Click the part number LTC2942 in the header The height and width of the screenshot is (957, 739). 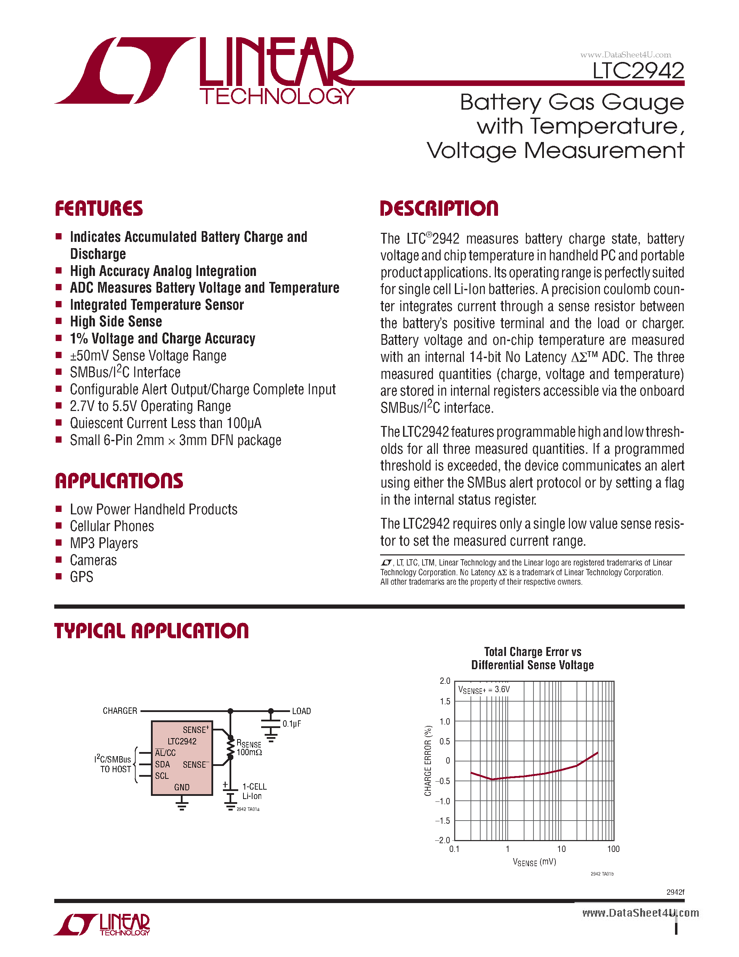(638, 71)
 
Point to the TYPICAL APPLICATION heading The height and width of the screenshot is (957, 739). (152, 631)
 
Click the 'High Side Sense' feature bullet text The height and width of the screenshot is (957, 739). (116, 322)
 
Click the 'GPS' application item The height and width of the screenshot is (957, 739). (81, 577)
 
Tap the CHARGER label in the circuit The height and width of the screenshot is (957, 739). (120, 711)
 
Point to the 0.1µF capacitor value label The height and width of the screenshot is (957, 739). (291, 724)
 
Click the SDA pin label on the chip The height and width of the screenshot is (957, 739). (162, 764)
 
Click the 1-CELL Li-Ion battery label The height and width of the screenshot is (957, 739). (254, 791)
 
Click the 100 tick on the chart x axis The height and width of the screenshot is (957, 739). (613, 849)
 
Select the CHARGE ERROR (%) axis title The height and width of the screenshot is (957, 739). (428, 760)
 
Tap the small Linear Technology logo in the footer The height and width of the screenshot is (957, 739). (102, 925)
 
